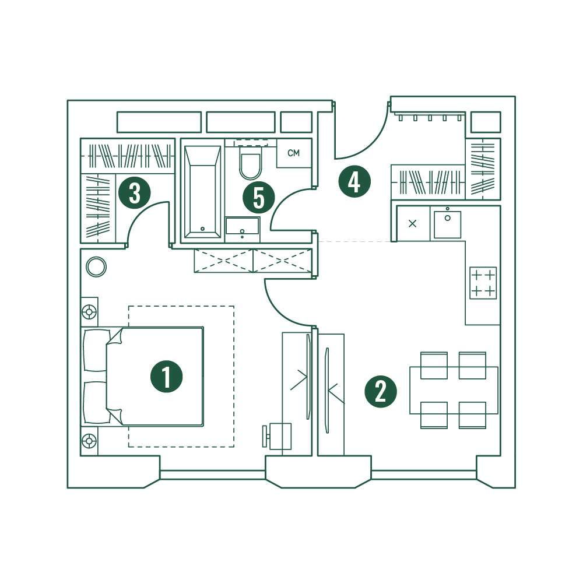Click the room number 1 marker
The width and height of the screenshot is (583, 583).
tap(166, 376)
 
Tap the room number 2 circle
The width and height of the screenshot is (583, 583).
tap(381, 392)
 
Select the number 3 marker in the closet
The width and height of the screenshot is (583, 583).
tap(134, 193)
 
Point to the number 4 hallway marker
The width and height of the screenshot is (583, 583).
tap(354, 181)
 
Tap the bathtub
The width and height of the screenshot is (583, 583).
tap(202, 192)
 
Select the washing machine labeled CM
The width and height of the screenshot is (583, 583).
tap(294, 153)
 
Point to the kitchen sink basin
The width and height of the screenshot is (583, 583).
tap(448, 224)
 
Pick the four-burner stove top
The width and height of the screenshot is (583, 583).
tap(483, 283)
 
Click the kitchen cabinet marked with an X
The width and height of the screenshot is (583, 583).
tap(413, 223)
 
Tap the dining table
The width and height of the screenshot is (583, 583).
tap(454, 390)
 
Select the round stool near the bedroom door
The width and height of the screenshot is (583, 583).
tap(96, 266)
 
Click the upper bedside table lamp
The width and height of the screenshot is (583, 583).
tap(89, 312)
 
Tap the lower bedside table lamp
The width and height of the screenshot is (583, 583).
tap(89, 441)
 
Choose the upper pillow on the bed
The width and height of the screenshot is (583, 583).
tap(95, 350)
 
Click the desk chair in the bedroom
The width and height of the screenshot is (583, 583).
tap(277, 436)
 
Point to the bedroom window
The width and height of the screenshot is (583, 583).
tap(212, 475)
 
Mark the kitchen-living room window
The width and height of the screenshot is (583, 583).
tap(424, 475)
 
